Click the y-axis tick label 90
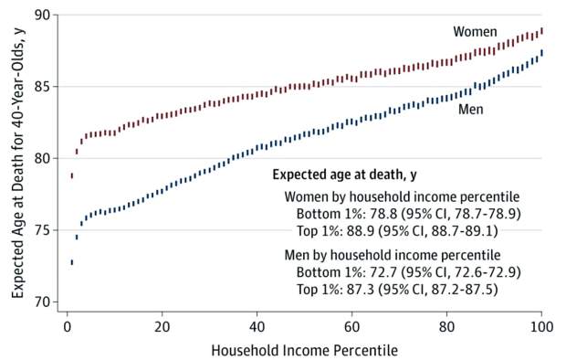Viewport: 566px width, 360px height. [x=43, y=15]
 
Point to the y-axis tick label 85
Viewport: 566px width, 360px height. [x=43, y=87]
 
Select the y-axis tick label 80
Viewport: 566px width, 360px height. [x=43, y=158]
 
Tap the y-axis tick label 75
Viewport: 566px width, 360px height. [x=43, y=230]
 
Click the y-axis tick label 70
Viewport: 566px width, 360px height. [x=43, y=302]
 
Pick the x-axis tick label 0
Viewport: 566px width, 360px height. [x=67, y=326]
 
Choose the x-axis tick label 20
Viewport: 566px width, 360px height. [x=162, y=326]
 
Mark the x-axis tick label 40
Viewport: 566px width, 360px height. [x=257, y=326]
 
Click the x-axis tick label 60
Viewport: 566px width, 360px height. [x=351, y=326]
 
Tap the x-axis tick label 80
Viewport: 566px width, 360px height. [x=446, y=326]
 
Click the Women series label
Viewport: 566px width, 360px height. [x=476, y=32]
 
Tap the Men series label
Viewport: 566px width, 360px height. [x=470, y=109]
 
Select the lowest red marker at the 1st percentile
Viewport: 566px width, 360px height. [x=71, y=175]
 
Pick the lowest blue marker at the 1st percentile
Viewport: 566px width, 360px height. [x=71, y=262]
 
